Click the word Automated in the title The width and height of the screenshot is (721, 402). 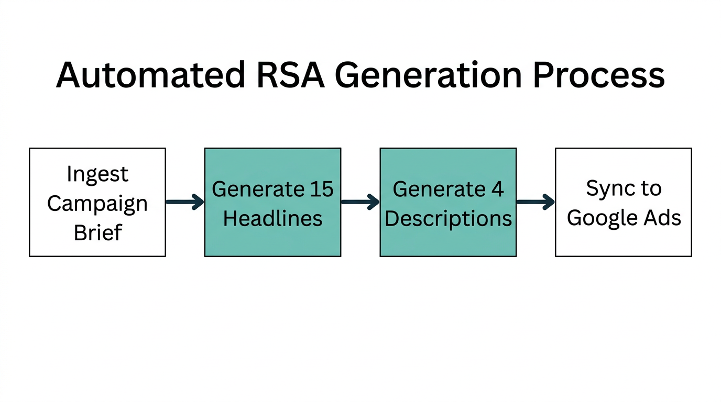click(x=150, y=75)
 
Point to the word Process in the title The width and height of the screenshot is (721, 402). click(x=598, y=75)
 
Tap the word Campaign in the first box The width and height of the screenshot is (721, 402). click(x=97, y=203)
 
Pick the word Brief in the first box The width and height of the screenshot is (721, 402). click(x=97, y=232)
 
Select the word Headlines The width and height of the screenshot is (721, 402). click(x=272, y=218)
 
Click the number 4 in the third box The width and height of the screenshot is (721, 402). click(x=497, y=189)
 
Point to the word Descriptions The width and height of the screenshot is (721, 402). click(x=448, y=218)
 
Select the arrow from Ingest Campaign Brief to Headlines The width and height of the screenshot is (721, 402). click(x=184, y=202)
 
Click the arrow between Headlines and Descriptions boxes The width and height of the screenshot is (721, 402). click(x=360, y=202)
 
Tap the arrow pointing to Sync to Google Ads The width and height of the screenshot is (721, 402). click(x=536, y=202)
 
